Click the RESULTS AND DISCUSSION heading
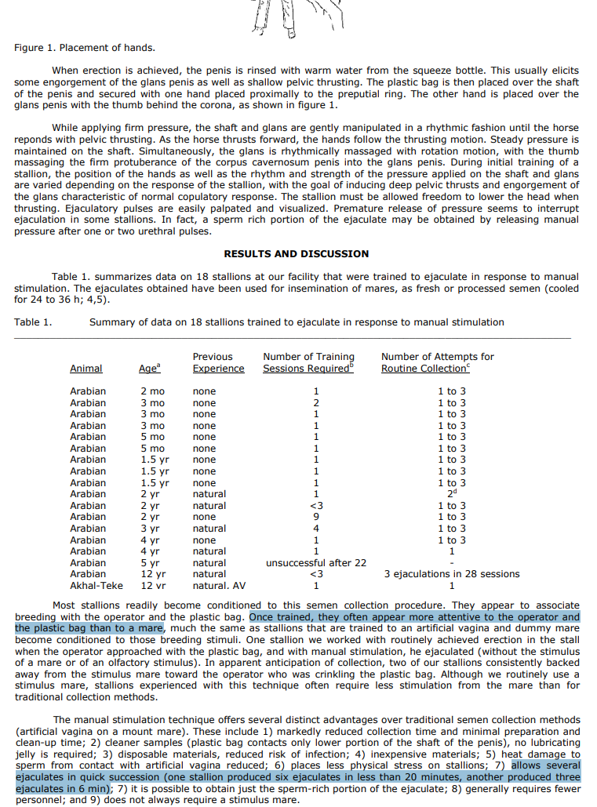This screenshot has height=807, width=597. point(296,254)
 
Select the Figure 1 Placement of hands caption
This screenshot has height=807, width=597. point(84,49)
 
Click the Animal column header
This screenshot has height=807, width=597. point(86,369)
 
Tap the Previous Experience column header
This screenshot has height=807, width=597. point(218,363)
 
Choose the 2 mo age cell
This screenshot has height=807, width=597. point(152,391)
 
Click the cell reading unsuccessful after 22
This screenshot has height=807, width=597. point(315,562)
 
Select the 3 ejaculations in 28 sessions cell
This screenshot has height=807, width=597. point(451,574)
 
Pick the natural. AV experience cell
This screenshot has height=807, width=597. point(219,585)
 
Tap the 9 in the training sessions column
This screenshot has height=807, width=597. point(315,517)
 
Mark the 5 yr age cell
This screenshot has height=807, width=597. point(150,562)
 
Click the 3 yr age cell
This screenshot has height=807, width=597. point(150,529)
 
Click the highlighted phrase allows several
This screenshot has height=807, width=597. point(545,765)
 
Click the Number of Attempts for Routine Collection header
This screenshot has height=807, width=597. point(437,363)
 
